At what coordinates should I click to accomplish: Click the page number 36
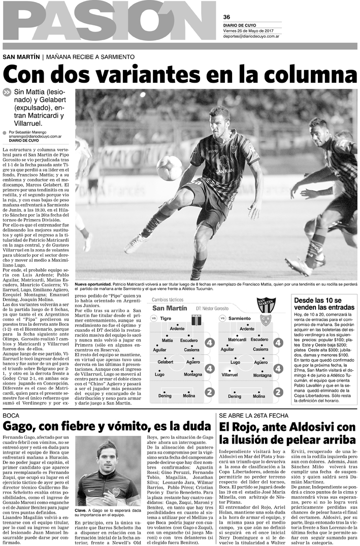(226, 16)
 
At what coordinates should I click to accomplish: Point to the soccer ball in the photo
(169, 168)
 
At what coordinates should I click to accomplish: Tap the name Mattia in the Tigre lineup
(167, 340)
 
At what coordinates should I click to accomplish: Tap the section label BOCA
(11, 416)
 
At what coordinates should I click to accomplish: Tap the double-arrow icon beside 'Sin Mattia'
(7, 92)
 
